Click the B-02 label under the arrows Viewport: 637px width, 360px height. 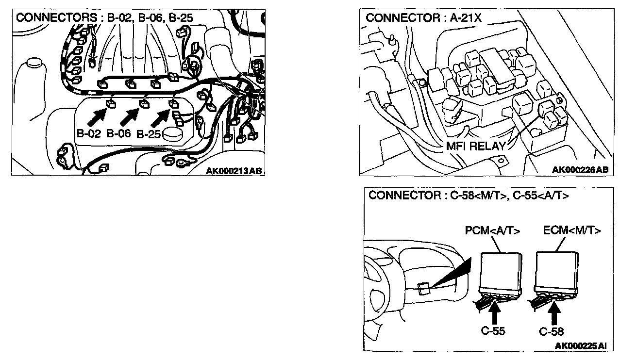89,133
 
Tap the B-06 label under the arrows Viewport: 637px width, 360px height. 118,133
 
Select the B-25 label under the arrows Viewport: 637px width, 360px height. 149,134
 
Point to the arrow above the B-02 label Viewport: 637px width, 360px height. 97,117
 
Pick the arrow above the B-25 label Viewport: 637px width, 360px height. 160,117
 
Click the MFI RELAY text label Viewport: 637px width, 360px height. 476,146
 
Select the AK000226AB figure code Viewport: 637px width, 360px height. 580,170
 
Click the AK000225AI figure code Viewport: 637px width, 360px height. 581,345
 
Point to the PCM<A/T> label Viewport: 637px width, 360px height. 492,230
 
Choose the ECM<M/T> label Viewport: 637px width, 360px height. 572,230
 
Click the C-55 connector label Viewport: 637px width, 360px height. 493,331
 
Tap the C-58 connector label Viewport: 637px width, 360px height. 551,331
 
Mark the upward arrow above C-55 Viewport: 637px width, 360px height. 495,314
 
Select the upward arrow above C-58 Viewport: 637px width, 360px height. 553,314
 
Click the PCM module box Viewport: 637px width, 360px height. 501,273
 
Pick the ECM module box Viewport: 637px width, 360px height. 556,272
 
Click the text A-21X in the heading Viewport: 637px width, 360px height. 466,18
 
